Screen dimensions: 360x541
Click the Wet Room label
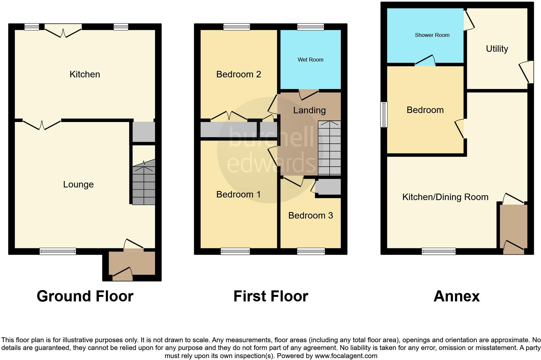coord(310,60)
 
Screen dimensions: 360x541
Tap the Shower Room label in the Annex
coord(432,35)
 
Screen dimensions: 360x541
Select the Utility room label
coord(497,49)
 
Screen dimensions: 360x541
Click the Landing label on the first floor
coord(309,110)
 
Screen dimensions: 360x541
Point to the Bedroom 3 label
coord(310,216)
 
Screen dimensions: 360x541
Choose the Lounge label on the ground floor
coord(78,185)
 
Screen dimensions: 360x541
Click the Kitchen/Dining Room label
coord(445,197)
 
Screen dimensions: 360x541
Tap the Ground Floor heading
coord(85,296)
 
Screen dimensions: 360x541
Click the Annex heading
coord(456,296)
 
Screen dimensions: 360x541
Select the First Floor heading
coord(270,296)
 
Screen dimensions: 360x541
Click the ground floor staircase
coord(144,183)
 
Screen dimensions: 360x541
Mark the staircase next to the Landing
coord(329,148)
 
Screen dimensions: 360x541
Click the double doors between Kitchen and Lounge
coord(42,124)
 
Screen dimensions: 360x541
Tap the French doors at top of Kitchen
coord(63,31)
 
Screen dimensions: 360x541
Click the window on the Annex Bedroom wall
coord(384,115)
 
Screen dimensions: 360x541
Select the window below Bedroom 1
coord(235,251)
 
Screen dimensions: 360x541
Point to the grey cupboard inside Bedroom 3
coord(328,187)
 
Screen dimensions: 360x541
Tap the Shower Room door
coord(425,61)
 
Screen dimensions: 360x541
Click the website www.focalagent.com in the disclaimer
coord(346,356)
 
